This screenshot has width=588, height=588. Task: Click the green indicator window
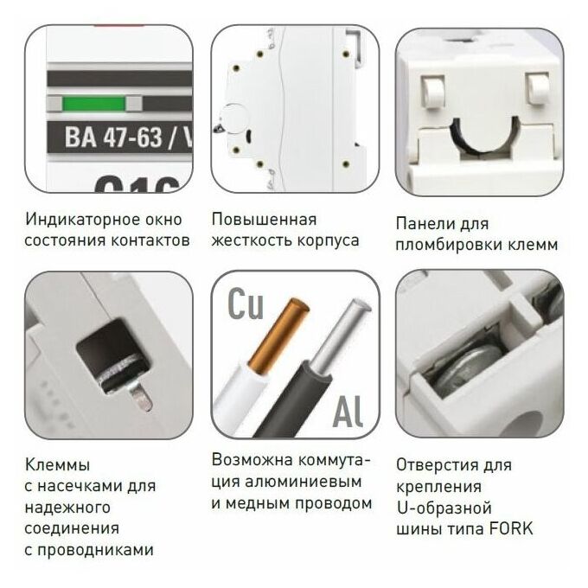[93, 104]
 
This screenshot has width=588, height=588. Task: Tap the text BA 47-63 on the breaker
[113, 137]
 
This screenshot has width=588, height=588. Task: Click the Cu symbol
[246, 304]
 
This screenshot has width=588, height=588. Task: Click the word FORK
[511, 529]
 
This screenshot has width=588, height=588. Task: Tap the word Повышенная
[264, 220]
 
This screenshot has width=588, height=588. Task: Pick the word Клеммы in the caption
[58, 464]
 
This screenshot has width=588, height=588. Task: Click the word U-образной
[444, 508]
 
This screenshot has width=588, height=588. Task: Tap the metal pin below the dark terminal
[142, 398]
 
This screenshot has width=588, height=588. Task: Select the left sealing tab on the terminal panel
[433, 91]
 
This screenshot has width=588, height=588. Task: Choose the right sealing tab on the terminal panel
[537, 88]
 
